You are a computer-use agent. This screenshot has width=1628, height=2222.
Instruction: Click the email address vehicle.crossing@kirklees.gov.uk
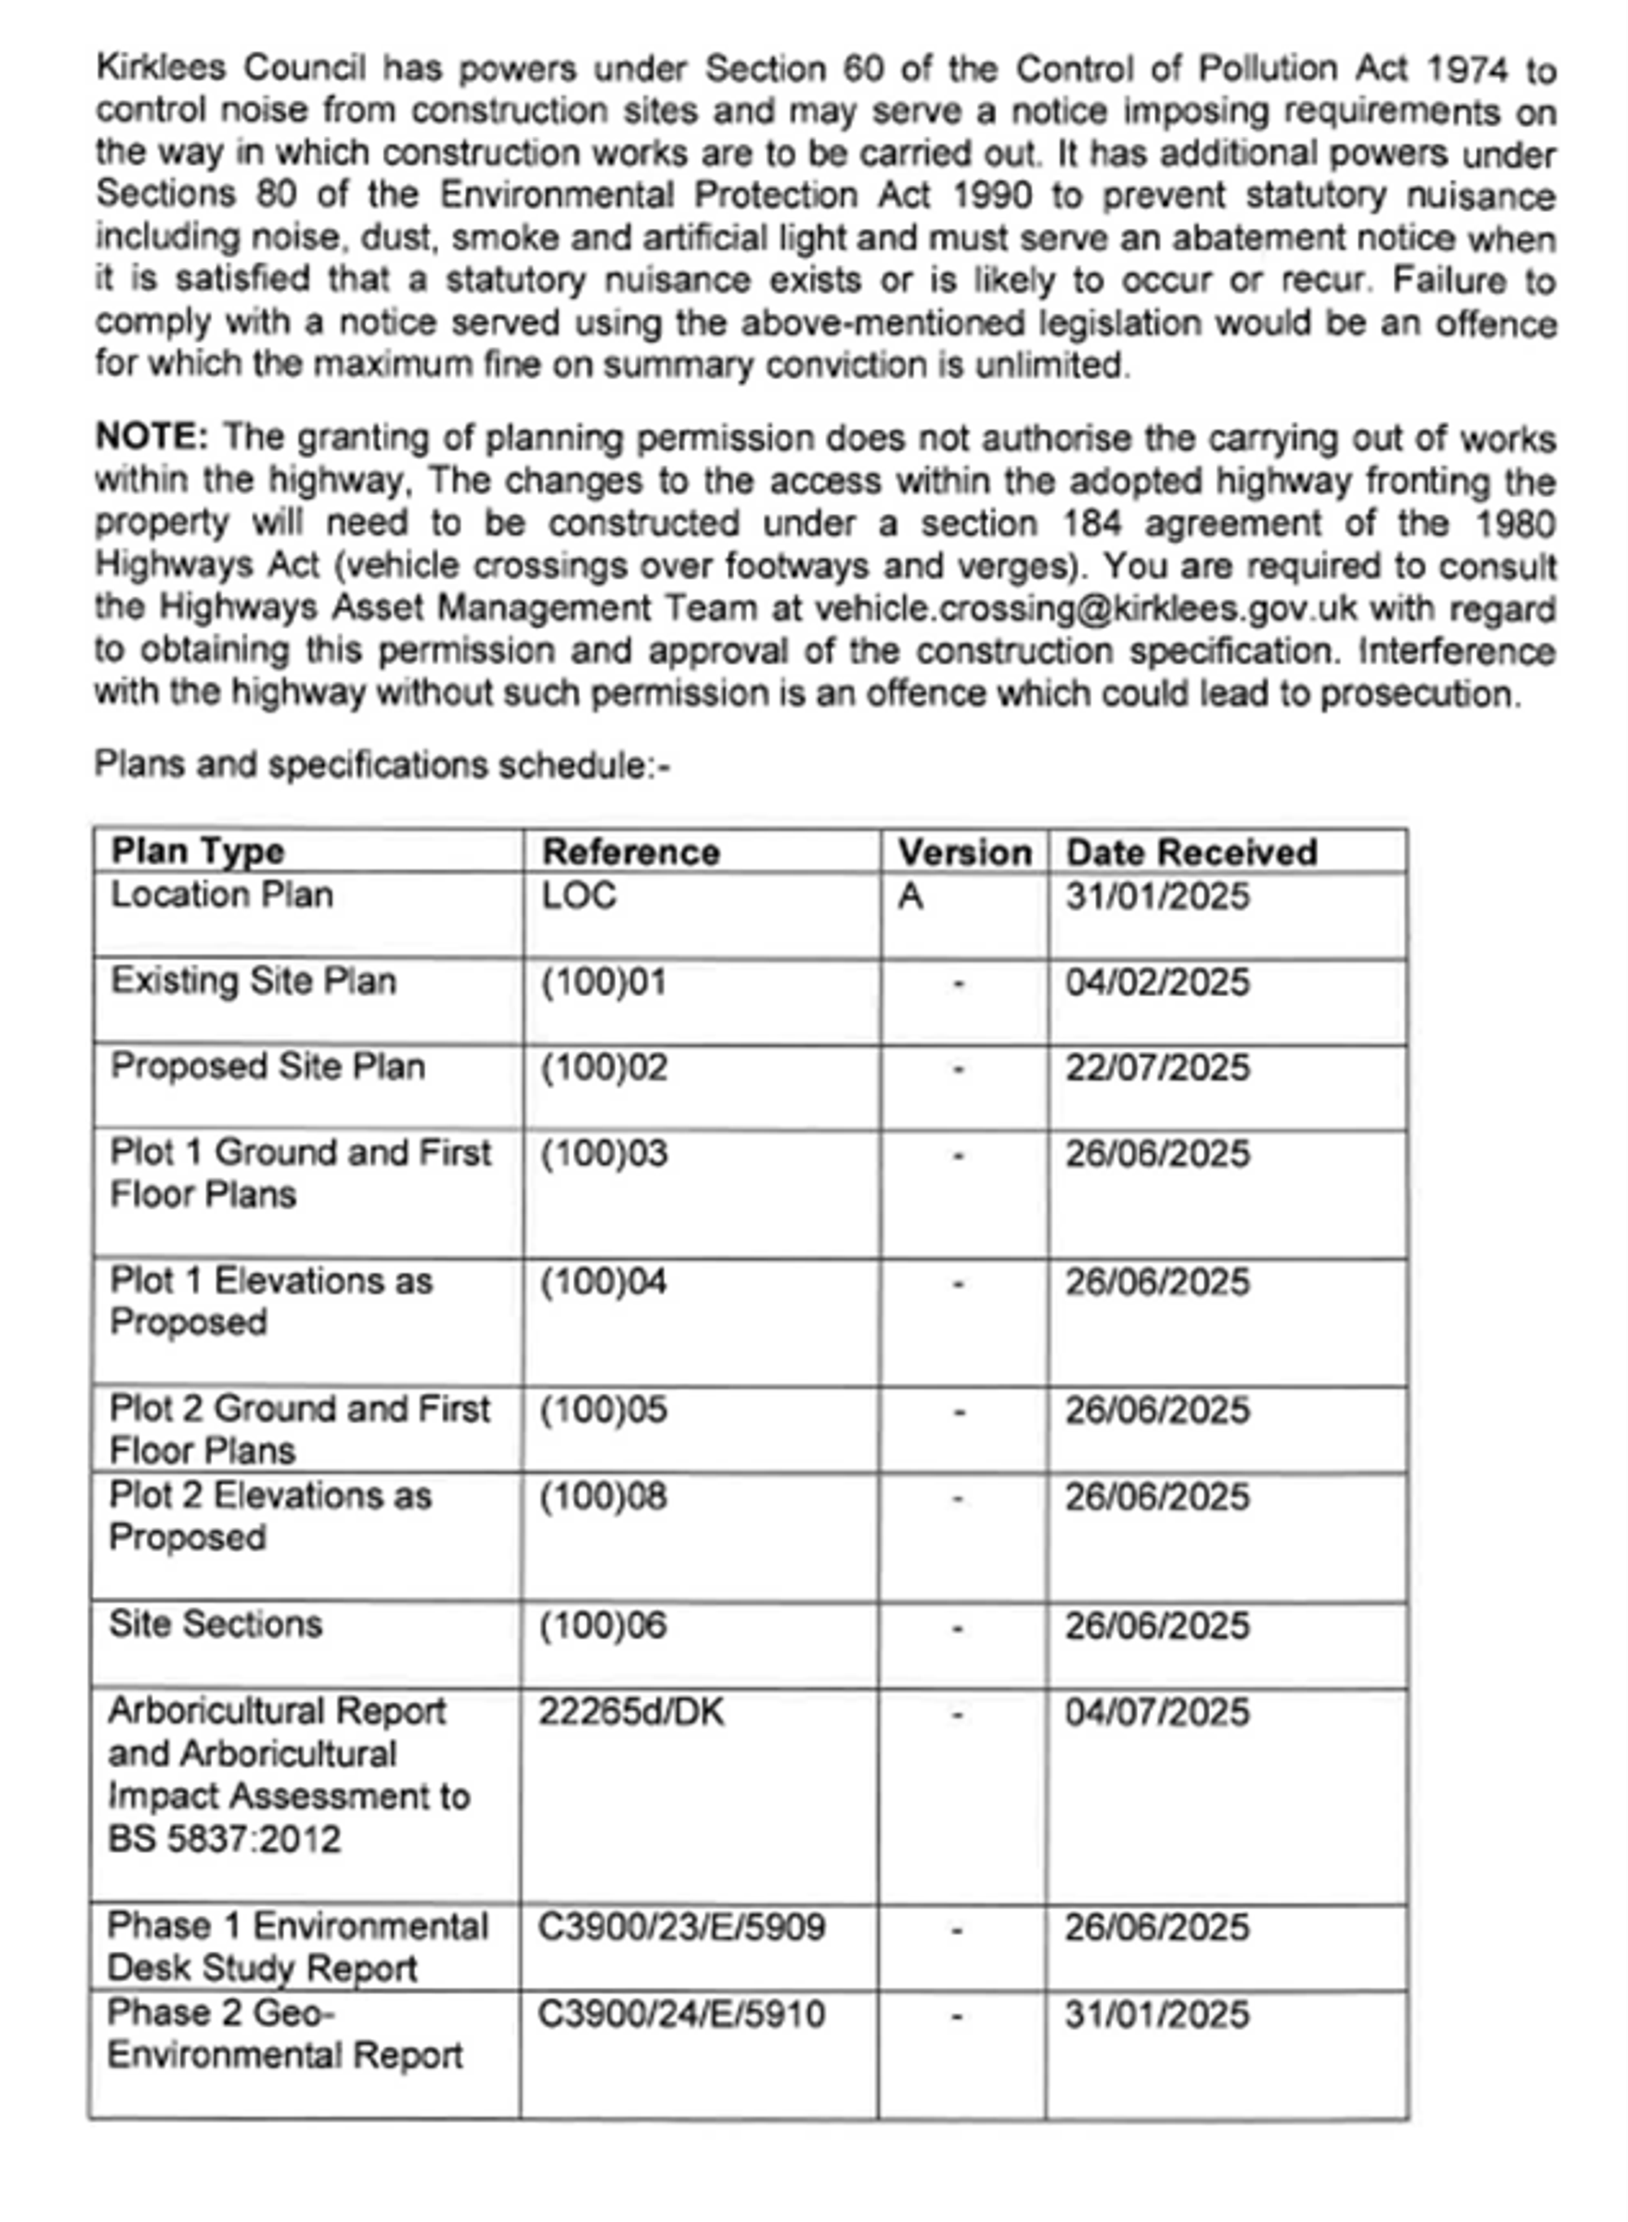(1085, 608)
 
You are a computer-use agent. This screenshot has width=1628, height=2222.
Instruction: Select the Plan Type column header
(197, 851)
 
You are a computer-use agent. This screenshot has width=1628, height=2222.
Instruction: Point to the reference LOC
(579, 895)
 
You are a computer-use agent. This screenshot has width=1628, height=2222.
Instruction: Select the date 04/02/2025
(1157, 982)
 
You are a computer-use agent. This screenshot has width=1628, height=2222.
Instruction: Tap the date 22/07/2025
(1157, 1068)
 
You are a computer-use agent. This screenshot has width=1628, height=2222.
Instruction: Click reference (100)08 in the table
(603, 1497)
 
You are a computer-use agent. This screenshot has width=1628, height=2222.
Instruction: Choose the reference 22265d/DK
(631, 1712)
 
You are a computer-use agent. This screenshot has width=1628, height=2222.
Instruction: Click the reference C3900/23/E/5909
(681, 1927)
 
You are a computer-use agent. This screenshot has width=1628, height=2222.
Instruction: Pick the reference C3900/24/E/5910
(681, 2014)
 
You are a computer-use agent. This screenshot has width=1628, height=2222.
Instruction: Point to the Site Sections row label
(216, 1624)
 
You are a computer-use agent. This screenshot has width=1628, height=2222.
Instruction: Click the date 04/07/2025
(1157, 1712)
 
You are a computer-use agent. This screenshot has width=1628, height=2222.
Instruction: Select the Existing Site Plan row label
(253, 982)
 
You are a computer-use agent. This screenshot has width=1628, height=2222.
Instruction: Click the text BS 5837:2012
(224, 1839)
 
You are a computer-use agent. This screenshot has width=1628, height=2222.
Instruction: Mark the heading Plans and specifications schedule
(382, 764)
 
